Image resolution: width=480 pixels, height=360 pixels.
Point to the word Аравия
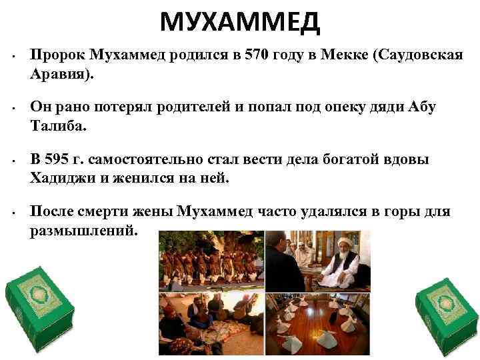(x=61, y=74)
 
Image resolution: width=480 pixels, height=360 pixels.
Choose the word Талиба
(x=59, y=125)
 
